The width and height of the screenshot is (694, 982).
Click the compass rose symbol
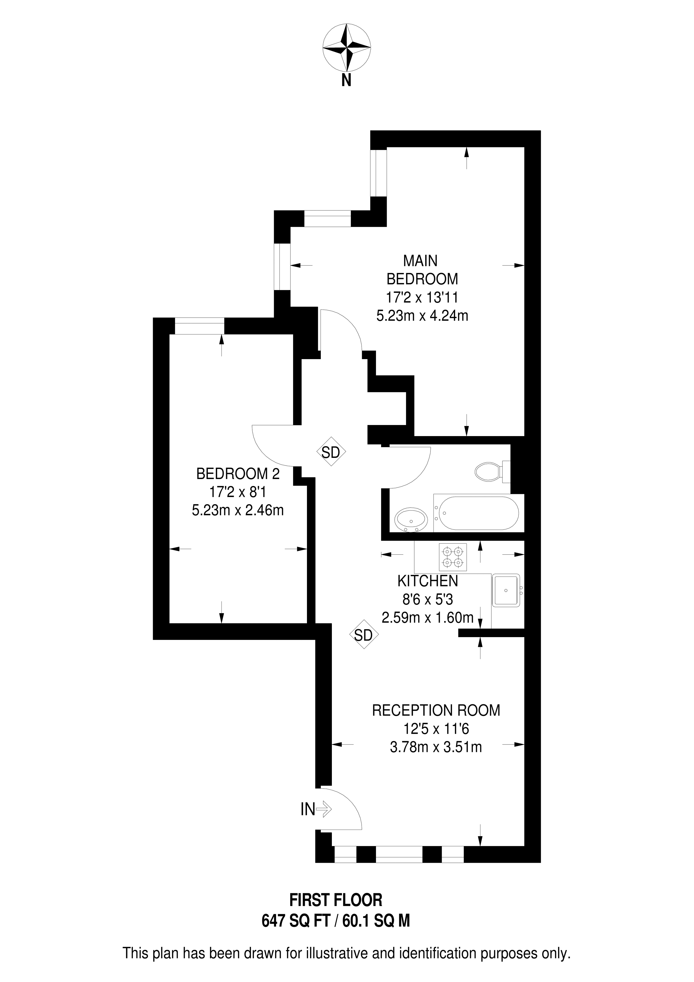[x=346, y=47]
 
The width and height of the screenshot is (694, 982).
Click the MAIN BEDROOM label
[x=422, y=269]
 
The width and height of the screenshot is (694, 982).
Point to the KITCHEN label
[x=428, y=581]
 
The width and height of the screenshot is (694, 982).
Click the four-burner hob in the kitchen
[x=453, y=557]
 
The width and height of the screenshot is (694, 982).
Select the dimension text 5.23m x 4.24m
[x=422, y=316]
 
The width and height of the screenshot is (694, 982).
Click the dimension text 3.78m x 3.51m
[x=436, y=747]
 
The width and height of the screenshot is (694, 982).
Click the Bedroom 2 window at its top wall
[x=200, y=326]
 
